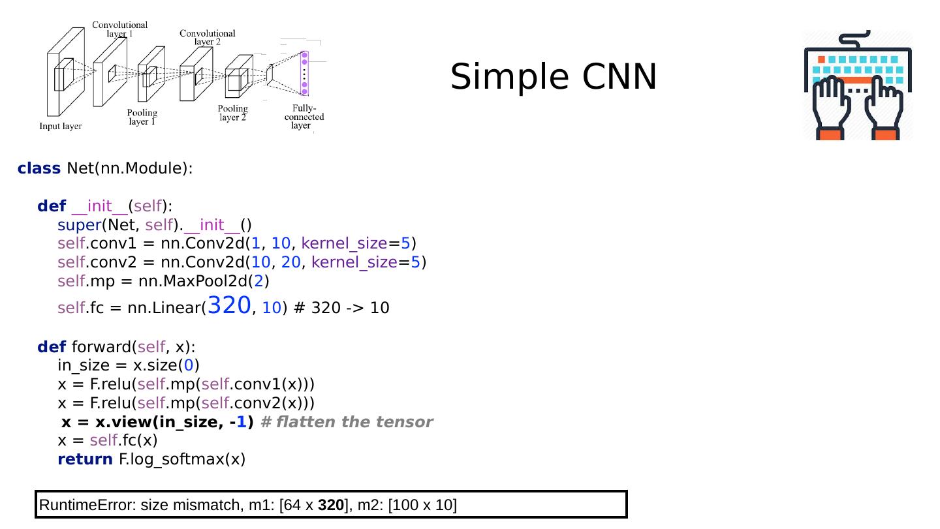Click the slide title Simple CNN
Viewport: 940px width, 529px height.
click(554, 77)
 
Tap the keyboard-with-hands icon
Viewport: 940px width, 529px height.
click(857, 85)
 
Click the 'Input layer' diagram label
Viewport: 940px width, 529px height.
click(61, 126)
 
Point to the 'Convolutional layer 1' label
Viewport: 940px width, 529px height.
click(119, 29)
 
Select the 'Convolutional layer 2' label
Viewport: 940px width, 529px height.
click(207, 37)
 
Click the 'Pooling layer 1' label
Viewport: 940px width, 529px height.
click(142, 117)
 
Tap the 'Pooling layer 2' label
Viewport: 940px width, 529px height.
click(232, 113)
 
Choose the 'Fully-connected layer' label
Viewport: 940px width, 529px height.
click(304, 117)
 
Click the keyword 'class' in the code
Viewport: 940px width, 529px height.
click(39, 168)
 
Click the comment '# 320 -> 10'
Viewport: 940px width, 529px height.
click(342, 308)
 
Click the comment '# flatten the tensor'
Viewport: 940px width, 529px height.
click(346, 422)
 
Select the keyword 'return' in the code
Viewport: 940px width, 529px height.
click(85, 459)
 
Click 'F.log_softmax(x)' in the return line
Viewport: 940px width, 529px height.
click(181, 459)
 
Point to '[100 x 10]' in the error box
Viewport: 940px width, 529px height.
click(422, 505)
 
